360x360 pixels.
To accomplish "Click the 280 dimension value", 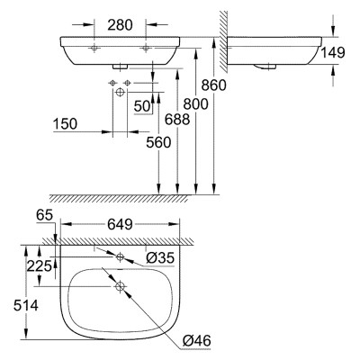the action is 120,25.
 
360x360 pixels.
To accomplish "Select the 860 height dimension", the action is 213,85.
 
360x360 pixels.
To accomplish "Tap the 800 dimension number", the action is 195,104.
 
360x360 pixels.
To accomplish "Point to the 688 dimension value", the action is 177,120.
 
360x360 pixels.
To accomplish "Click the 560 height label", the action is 158,142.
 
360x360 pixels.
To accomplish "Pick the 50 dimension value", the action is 141,106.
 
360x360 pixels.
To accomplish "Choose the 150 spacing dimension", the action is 65,124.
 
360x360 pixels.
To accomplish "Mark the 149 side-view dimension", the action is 333,53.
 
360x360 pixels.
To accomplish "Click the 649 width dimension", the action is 120,224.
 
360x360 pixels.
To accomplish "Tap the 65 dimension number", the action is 44,215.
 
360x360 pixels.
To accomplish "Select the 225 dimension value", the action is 39,265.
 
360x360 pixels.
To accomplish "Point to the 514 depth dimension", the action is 26,306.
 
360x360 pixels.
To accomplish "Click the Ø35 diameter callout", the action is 160,257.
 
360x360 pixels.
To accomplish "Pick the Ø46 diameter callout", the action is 197,340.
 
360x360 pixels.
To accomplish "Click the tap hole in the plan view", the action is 120,256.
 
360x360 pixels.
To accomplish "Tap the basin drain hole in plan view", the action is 120,286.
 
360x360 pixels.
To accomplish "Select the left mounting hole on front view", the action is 94,48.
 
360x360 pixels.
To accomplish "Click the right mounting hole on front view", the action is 146,48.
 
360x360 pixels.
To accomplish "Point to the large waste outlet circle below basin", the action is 120,93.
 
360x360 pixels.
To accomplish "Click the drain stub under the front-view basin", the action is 120,67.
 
